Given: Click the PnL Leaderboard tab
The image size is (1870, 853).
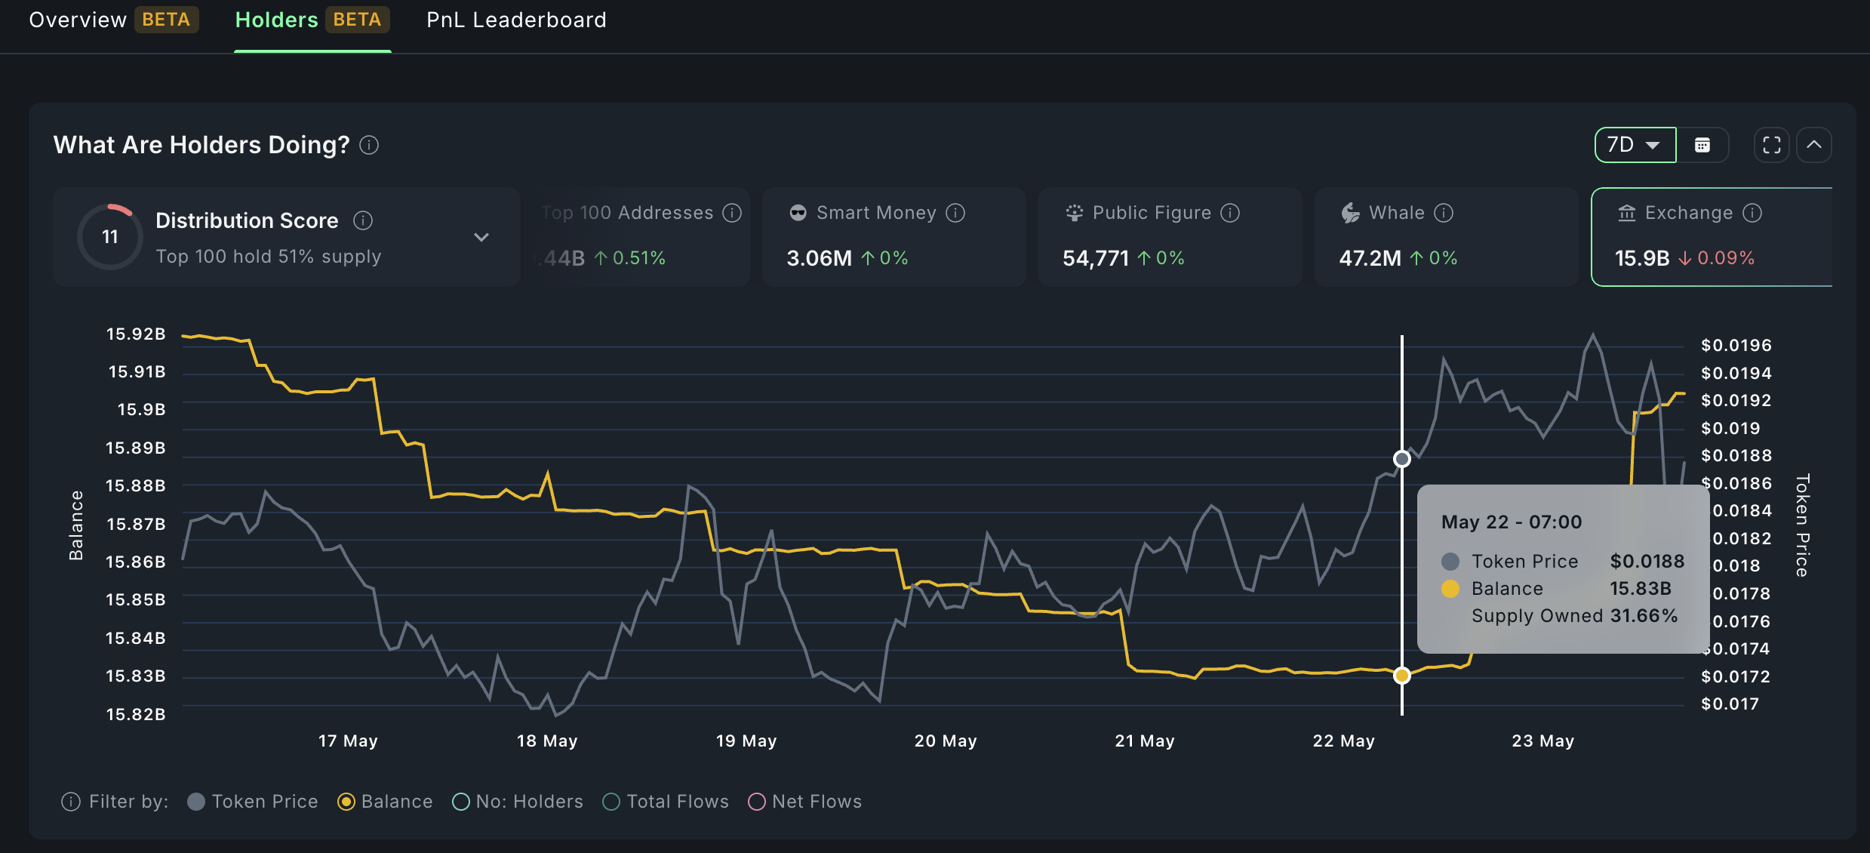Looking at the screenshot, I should click(516, 20).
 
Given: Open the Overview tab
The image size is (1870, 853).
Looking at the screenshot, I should click(78, 20).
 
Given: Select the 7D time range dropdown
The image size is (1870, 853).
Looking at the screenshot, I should click(1634, 145).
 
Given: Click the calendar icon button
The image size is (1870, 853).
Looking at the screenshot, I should click(1702, 145).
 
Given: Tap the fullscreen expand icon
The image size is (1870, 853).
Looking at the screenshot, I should click(1771, 145).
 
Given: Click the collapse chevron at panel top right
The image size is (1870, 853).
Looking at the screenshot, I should click(1814, 145).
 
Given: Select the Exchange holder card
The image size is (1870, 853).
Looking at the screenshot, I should click(1710, 236).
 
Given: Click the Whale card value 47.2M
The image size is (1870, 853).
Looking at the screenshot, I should click(1370, 258).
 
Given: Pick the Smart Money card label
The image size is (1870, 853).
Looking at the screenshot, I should click(876, 213).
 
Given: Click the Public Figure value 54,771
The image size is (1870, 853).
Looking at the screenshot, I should click(1095, 258).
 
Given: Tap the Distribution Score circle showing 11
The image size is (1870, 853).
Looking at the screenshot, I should click(110, 237).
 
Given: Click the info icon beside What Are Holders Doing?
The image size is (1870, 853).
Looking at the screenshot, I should click(369, 145).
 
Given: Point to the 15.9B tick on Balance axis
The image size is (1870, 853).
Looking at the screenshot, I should click(141, 410).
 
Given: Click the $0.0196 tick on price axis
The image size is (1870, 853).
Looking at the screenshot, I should click(1736, 346).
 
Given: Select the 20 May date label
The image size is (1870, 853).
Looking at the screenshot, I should click(945, 741).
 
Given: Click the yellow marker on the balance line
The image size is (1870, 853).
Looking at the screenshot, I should click(1401, 676).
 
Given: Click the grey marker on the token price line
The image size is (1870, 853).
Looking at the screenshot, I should click(1401, 459).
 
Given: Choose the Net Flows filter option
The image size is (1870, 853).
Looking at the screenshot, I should click(804, 802).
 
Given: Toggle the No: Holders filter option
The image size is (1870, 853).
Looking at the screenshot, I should click(518, 802).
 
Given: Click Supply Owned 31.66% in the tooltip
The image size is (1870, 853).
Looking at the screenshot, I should click(1574, 616).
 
